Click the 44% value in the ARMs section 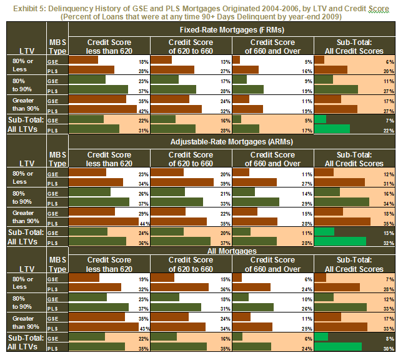[x=143, y=223]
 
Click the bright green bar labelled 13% [x=323, y=232]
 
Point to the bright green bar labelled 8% [x=321, y=337]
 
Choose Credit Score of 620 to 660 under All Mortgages [x=191, y=264]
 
